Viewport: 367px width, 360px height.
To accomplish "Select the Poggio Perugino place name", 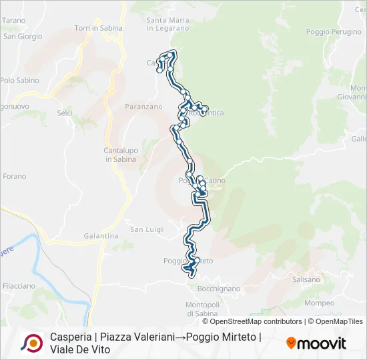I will tap(334, 32).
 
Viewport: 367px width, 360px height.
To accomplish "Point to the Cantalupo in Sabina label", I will tap(120, 155).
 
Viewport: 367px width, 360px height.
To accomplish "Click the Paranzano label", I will tap(143, 106).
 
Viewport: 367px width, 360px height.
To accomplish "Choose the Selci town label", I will tap(65, 113).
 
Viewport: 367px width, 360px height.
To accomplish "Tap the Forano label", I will tap(15, 177).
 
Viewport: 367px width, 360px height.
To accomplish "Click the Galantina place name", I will tap(101, 236).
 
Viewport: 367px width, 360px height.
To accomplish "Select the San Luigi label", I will tap(146, 230).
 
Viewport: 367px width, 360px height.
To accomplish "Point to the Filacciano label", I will tap(19, 286).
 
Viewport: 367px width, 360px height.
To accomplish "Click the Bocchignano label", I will tap(219, 289).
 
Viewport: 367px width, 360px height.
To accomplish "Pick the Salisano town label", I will tap(307, 280).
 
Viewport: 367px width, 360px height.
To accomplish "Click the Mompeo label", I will tap(319, 303).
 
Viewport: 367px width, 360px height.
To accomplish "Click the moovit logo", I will tap(316, 343).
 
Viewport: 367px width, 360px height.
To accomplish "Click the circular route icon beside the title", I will tap(31, 343).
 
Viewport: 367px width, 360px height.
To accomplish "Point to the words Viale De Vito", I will tap(80, 349).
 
